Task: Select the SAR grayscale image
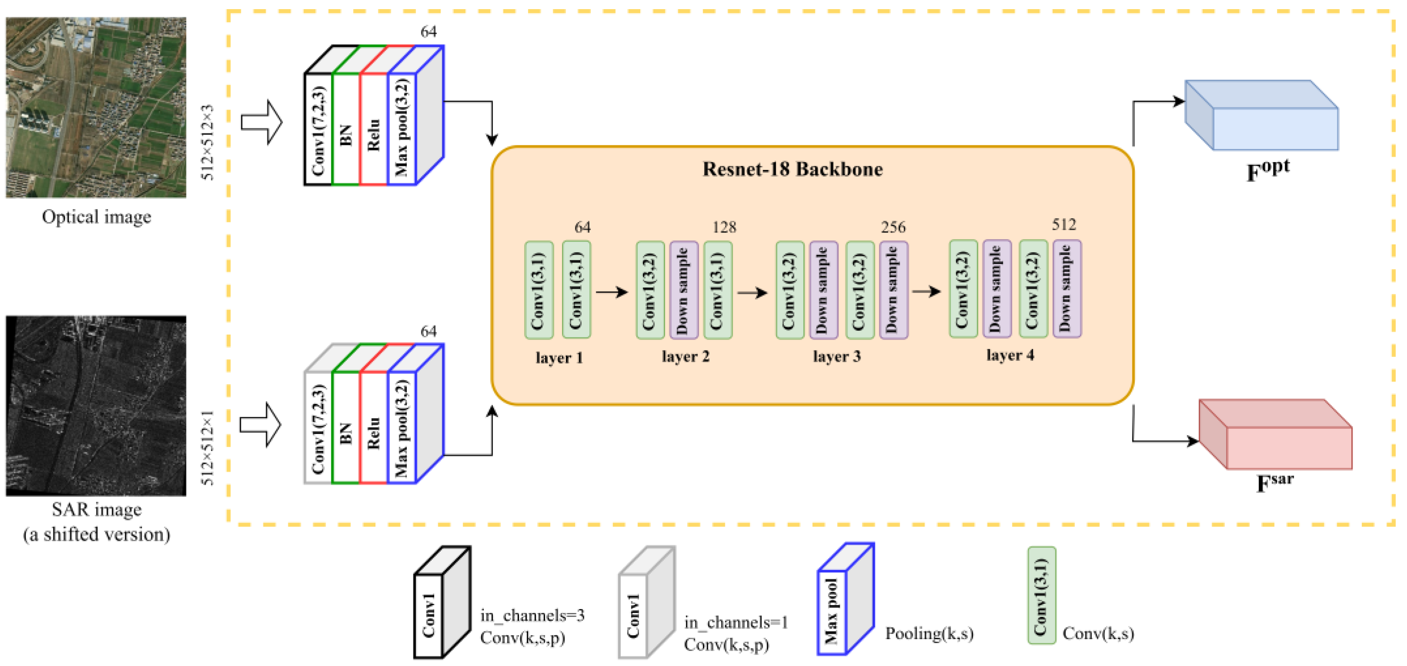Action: [96, 406]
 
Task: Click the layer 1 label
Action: [559, 358]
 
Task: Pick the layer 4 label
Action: [1010, 355]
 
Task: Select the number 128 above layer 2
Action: [724, 227]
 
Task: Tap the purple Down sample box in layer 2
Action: [683, 290]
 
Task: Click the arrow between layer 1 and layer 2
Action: [611, 292]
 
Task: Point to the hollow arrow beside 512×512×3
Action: [262, 122]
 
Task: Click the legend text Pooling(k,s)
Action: [929, 633]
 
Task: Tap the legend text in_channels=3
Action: [532, 616]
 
